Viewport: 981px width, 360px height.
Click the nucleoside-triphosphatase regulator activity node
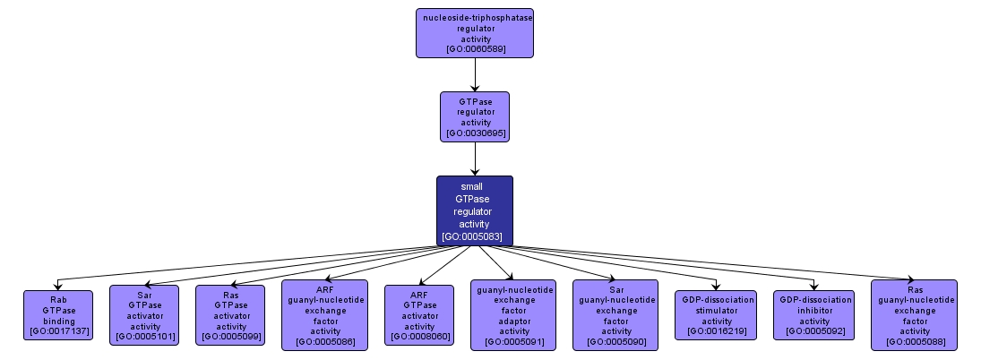click(x=475, y=33)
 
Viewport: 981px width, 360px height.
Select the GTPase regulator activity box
click(x=475, y=116)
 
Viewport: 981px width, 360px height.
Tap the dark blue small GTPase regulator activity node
click(x=475, y=210)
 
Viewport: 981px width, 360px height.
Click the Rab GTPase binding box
click(x=57, y=314)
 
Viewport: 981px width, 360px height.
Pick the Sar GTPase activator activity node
click(x=143, y=314)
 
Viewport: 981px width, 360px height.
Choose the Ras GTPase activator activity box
click(x=230, y=314)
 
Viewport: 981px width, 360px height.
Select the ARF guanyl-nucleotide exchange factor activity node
click(x=324, y=314)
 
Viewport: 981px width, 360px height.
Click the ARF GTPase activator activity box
click(x=418, y=314)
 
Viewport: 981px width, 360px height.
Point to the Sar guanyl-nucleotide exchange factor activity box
click(x=615, y=314)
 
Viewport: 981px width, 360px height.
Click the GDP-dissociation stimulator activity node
click(x=716, y=314)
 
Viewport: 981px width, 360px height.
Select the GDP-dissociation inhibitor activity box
click(x=814, y=314)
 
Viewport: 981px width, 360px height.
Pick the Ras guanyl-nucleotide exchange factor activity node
click(x=914, y=314)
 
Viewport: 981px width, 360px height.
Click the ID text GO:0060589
click(x=476, y=48)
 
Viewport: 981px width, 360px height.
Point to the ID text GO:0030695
click(x=475, y=133)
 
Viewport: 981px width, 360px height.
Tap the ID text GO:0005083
click(x=475, y=237)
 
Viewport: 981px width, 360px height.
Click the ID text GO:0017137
click(x=57, y=330)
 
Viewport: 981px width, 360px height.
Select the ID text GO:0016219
click(x=716, y=331)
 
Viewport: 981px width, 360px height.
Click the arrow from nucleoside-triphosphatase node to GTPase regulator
click(x=475, y=74)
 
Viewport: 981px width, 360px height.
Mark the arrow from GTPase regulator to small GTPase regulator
click(x=475, y=159)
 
